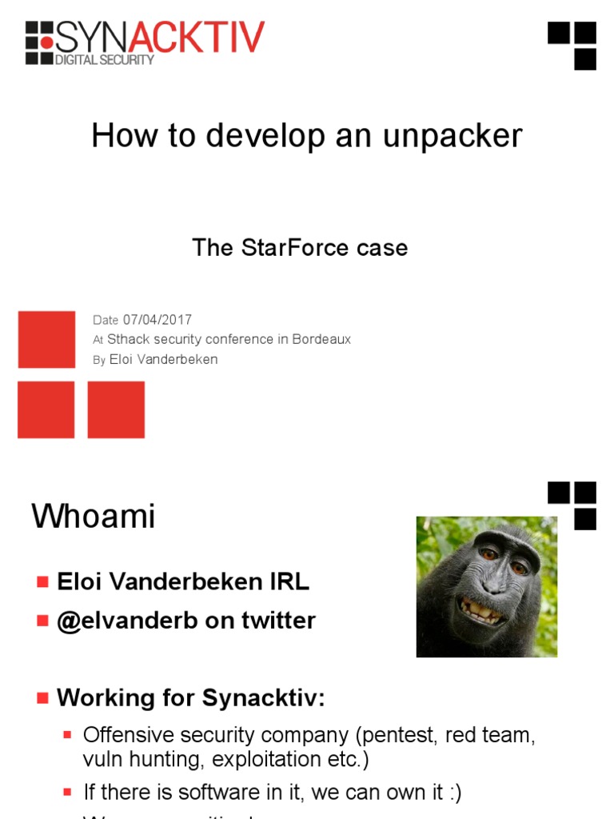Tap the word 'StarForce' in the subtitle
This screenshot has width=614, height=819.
[x=285, y=248]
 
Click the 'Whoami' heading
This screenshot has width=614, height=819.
[x=93, y=517]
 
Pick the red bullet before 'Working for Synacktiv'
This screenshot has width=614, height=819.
[x=42, y=698]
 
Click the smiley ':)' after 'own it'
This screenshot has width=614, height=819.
[x=453, y=793]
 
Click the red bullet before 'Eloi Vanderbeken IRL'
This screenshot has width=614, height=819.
[x=42, y=582]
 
